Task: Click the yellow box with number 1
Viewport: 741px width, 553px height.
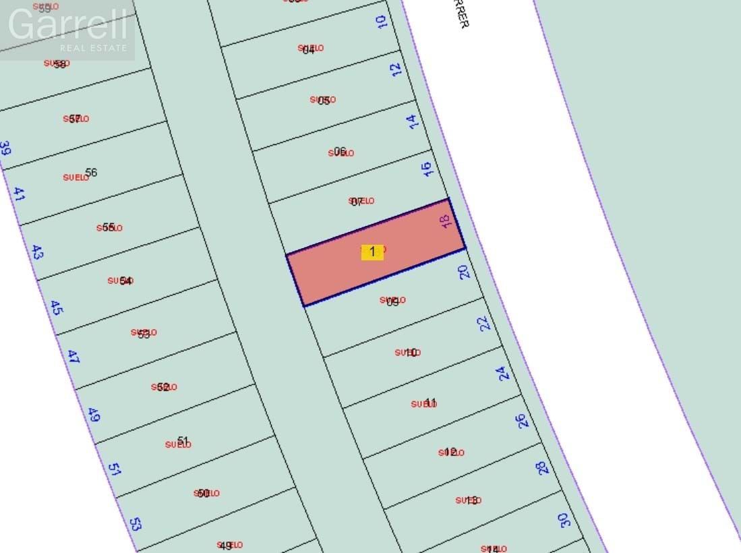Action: click(x=372, y=252)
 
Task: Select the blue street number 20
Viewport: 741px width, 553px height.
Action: click(x=463, y=272)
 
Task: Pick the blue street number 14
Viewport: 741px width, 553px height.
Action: click(x=412, y=121)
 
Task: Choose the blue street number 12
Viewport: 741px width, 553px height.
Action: click(x=396, y=69)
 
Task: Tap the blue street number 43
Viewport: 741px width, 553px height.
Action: click(x=37, y=253)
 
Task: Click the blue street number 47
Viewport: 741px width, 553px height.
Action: click(x=73, y=357)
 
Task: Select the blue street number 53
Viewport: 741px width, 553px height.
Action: click(x=136, y=523)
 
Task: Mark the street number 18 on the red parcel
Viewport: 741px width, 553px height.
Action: click(x=444, y=221)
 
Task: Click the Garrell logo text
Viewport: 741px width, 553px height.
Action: click(x=67, y=25)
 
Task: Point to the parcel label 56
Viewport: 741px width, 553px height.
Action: click(x=91, y=173)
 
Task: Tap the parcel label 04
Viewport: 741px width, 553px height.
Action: click(x=309, y=49)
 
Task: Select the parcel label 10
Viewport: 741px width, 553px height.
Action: click(x=411, y=352)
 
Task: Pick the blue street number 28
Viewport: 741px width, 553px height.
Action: click(x=543, y=468)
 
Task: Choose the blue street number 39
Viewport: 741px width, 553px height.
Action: click(x=5, y=148)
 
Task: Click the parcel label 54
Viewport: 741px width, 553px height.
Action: click(x=125, y=281)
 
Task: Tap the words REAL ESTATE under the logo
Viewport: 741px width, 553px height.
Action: click(x=93, y=48)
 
